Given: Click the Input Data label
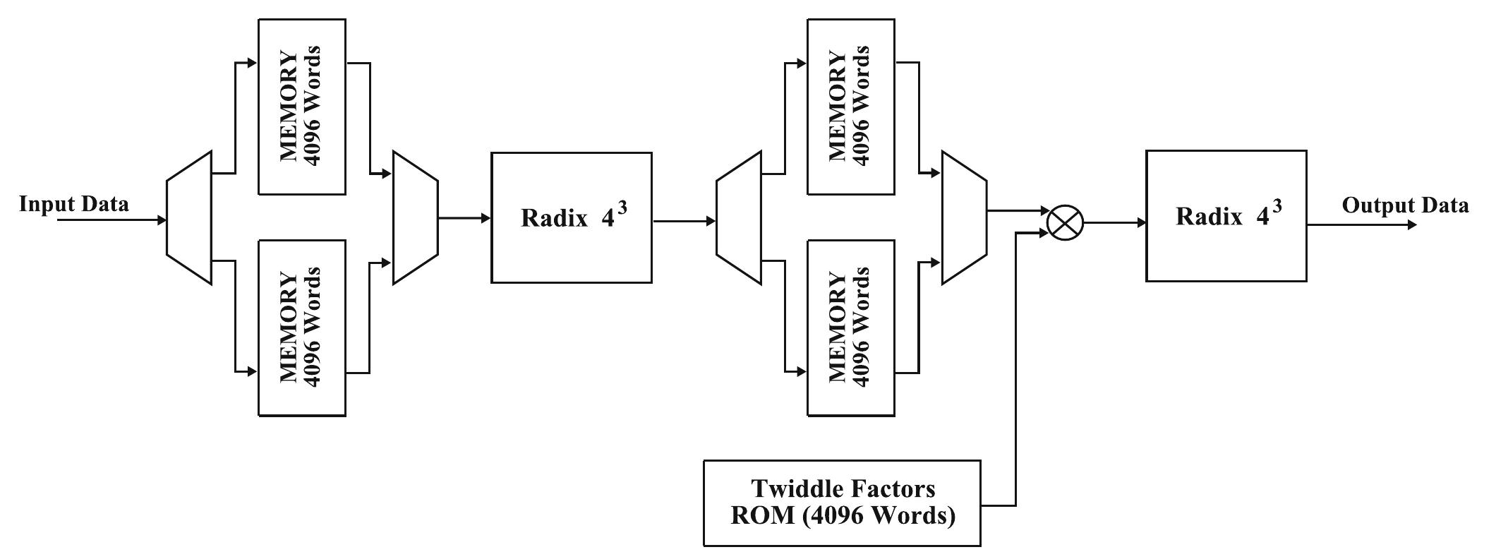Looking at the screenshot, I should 74,205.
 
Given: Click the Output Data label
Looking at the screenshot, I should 1404,205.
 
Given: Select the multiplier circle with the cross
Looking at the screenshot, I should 1064,223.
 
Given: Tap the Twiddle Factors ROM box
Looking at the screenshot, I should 842,503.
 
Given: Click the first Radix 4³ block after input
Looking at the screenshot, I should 571,217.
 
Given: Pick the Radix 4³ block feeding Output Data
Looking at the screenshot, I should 1226,216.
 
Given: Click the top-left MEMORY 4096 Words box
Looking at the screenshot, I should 302,107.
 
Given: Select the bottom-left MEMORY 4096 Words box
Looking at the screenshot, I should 302,328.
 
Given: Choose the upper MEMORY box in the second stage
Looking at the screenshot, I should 851,107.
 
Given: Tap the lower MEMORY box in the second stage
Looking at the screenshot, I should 851,328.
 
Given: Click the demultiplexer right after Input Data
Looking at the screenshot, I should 189,218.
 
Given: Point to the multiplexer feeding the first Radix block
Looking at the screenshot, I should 415,218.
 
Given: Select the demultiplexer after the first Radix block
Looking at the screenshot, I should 738,218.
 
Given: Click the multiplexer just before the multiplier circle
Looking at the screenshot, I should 964,218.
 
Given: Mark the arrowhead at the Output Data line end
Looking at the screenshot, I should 1411,225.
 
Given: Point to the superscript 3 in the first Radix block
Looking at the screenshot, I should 622,208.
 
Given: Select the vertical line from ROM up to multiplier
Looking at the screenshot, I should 1016,367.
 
